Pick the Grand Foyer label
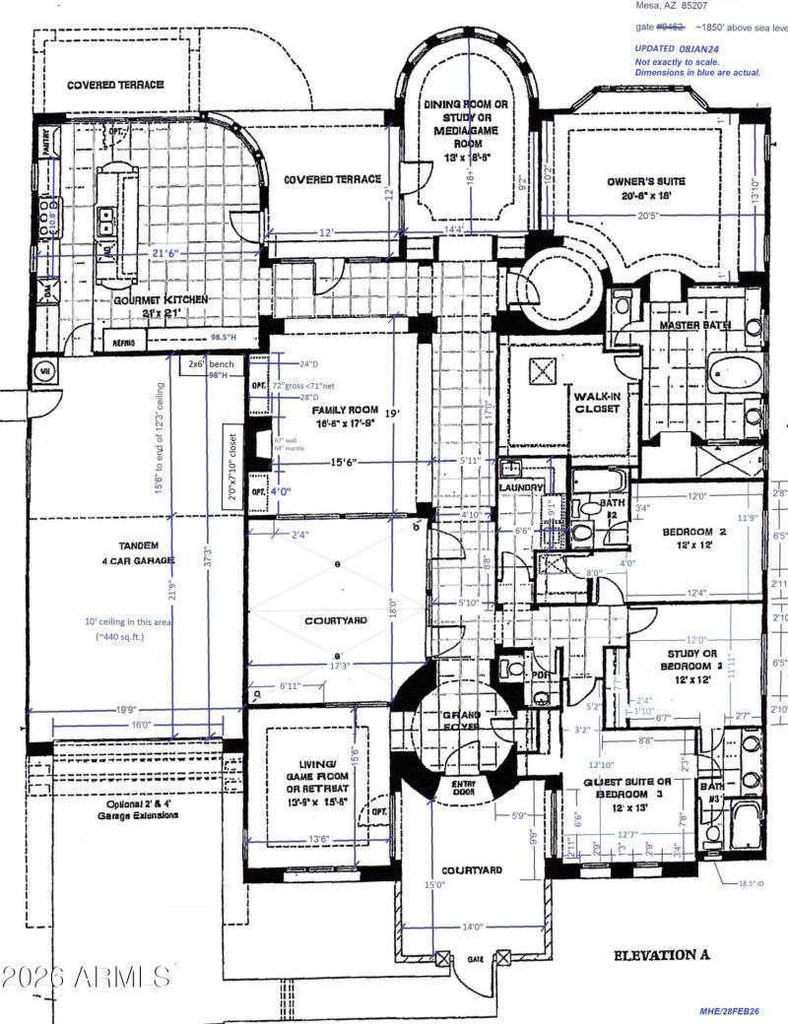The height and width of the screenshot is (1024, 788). click(460, 721)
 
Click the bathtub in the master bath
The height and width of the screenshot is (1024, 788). click(735, 374)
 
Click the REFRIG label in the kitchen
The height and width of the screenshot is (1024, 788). click(125, 342)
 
